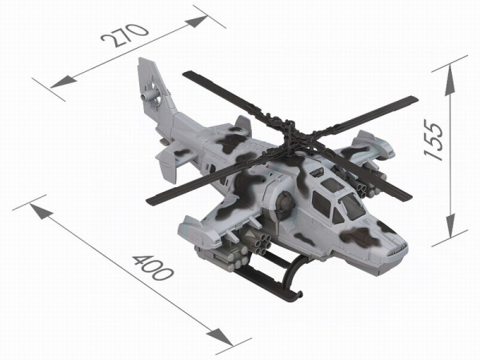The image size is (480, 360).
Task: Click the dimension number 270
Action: click(x=125, y=35)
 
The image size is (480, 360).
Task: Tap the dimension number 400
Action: click(x=153, y=269)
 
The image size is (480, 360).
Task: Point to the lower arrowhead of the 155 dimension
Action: click(x=450, y=225)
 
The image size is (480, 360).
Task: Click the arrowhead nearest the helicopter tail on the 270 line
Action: click(x=63, y=82)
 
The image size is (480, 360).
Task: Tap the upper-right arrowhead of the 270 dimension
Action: click(x=197, y=22)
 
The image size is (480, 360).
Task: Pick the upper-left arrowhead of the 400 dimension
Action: click(x=41, y=211)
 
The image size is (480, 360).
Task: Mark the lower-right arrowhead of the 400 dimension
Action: click(x=221, y=337)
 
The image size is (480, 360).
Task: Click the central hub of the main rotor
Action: click(x=290, y=132)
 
